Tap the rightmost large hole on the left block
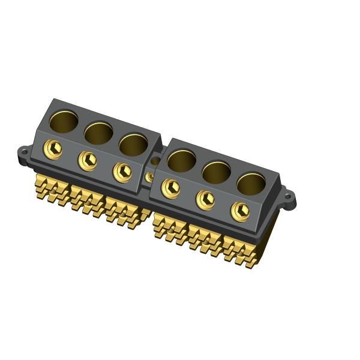133,144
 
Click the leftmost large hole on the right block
181,160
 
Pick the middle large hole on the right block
216,172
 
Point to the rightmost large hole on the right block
251,184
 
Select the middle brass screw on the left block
88,160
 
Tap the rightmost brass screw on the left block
122,171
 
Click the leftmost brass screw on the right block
170,187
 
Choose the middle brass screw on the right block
205,199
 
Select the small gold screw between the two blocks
149,177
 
